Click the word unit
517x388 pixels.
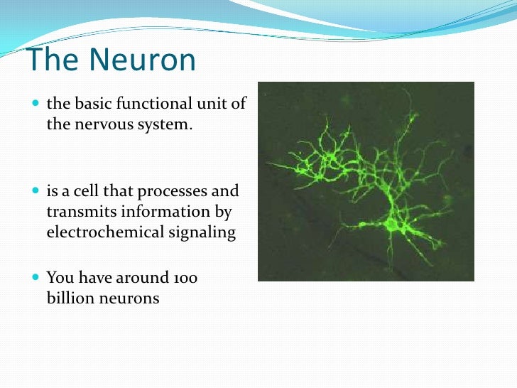point(214,104)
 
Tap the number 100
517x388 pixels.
point(184,278)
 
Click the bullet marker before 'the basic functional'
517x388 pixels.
point(36,104)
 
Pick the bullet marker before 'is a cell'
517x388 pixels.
point(36,192)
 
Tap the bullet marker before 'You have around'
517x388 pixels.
point(36,278)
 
